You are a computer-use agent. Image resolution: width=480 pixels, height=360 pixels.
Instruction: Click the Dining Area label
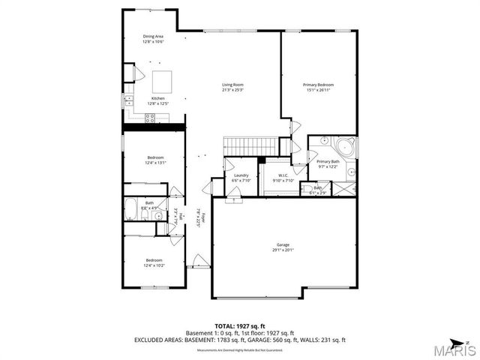pos(153,36)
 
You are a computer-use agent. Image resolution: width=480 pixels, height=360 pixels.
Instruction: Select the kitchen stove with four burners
pos(150,117)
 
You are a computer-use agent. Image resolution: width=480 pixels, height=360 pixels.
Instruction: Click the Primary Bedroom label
pos(318,85)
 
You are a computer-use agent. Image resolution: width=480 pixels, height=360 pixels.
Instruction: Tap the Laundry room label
pos(240,175)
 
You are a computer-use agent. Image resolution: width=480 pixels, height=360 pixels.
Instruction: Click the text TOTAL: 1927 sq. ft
pos(239,325)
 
